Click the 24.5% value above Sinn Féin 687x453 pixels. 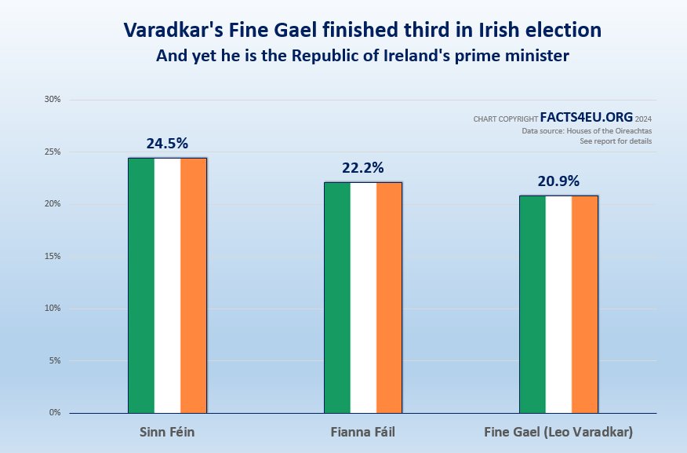pos(167,144)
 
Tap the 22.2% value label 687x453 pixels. pos(362,168)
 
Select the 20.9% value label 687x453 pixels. pos(558,181)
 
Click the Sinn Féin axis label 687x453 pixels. pos(167,433)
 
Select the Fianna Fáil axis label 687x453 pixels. pos(363,433)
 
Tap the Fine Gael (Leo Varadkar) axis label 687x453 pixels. pos(558,433)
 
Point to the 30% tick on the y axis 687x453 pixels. pos(53,100)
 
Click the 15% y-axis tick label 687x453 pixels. pos(53,256)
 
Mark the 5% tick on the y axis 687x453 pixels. pos(55,360)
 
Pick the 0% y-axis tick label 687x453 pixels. pos(55,412)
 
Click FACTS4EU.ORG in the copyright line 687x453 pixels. pos(586,117)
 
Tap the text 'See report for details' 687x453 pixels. pos(616,141)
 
